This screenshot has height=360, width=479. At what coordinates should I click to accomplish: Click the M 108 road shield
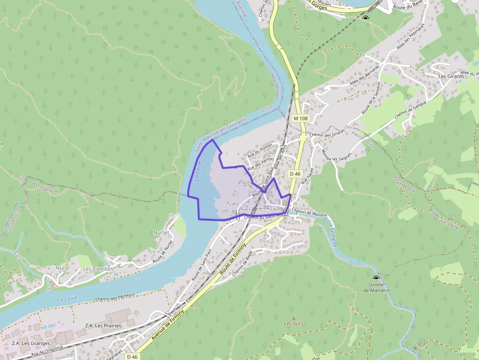click(301, 118)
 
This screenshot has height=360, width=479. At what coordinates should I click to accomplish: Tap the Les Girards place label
click(451, 76)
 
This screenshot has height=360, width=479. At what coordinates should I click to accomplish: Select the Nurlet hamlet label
click(161, 233)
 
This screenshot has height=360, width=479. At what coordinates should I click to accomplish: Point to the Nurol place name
click(63, 268)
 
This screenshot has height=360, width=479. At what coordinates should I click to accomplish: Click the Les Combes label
click(98, 269)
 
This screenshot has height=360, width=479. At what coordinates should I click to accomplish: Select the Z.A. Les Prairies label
click(103, 326)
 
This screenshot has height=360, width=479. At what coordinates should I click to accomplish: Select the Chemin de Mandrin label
click(309, 213)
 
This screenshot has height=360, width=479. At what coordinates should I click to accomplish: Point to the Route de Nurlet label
click(163, 252)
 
